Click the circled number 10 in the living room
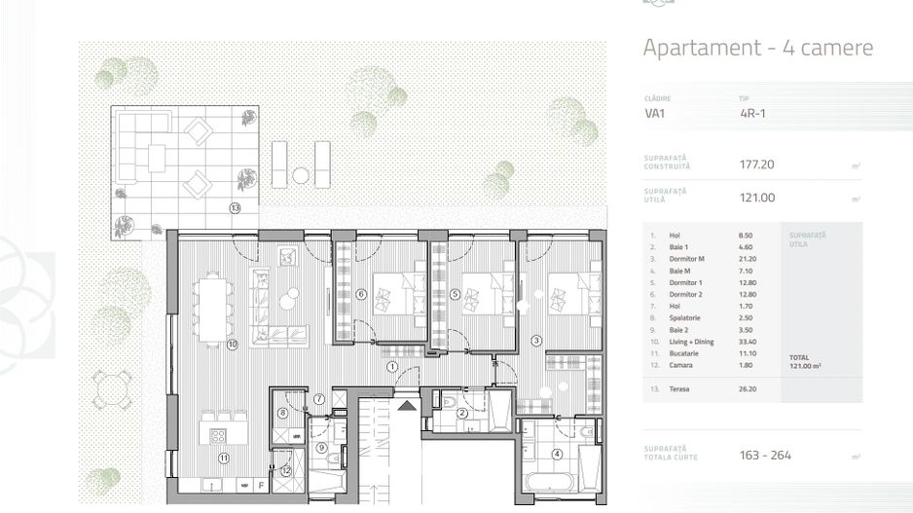(233, 344)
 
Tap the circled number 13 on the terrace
(235, 207)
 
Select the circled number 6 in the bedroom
(360, 294)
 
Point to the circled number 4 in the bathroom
(557, 454)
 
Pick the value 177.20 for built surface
(756, 165)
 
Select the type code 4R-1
(752, 113)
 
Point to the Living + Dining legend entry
(693, 342)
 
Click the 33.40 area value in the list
(748, 342)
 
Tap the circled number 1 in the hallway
(391, 367)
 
